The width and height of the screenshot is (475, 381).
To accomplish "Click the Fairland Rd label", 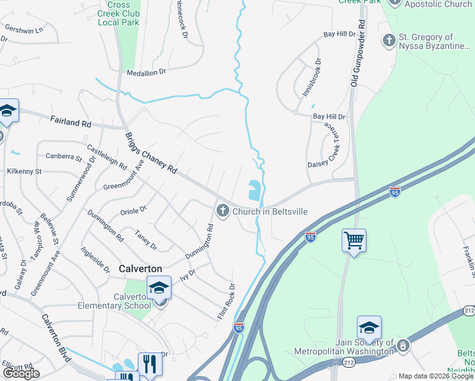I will [70, 121].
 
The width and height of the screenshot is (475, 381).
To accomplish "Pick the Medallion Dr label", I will [146, 72].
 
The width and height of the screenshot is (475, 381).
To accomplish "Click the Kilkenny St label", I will [24, 171].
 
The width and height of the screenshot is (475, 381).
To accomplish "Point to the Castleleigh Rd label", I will [107, 155].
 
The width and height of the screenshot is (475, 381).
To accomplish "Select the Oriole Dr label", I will [133, 208].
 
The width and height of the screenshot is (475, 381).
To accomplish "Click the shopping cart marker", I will [354, 241].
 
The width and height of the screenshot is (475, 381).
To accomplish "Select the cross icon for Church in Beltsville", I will [222, 211].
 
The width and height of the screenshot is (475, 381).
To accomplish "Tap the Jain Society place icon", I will [403, 345].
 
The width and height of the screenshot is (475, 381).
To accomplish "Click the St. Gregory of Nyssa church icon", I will [389, 41].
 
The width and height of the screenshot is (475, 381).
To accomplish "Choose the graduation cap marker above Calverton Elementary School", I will [159, 288].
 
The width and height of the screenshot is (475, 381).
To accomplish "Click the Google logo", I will [21, 373].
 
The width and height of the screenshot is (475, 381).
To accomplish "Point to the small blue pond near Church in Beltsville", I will [254, 189].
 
